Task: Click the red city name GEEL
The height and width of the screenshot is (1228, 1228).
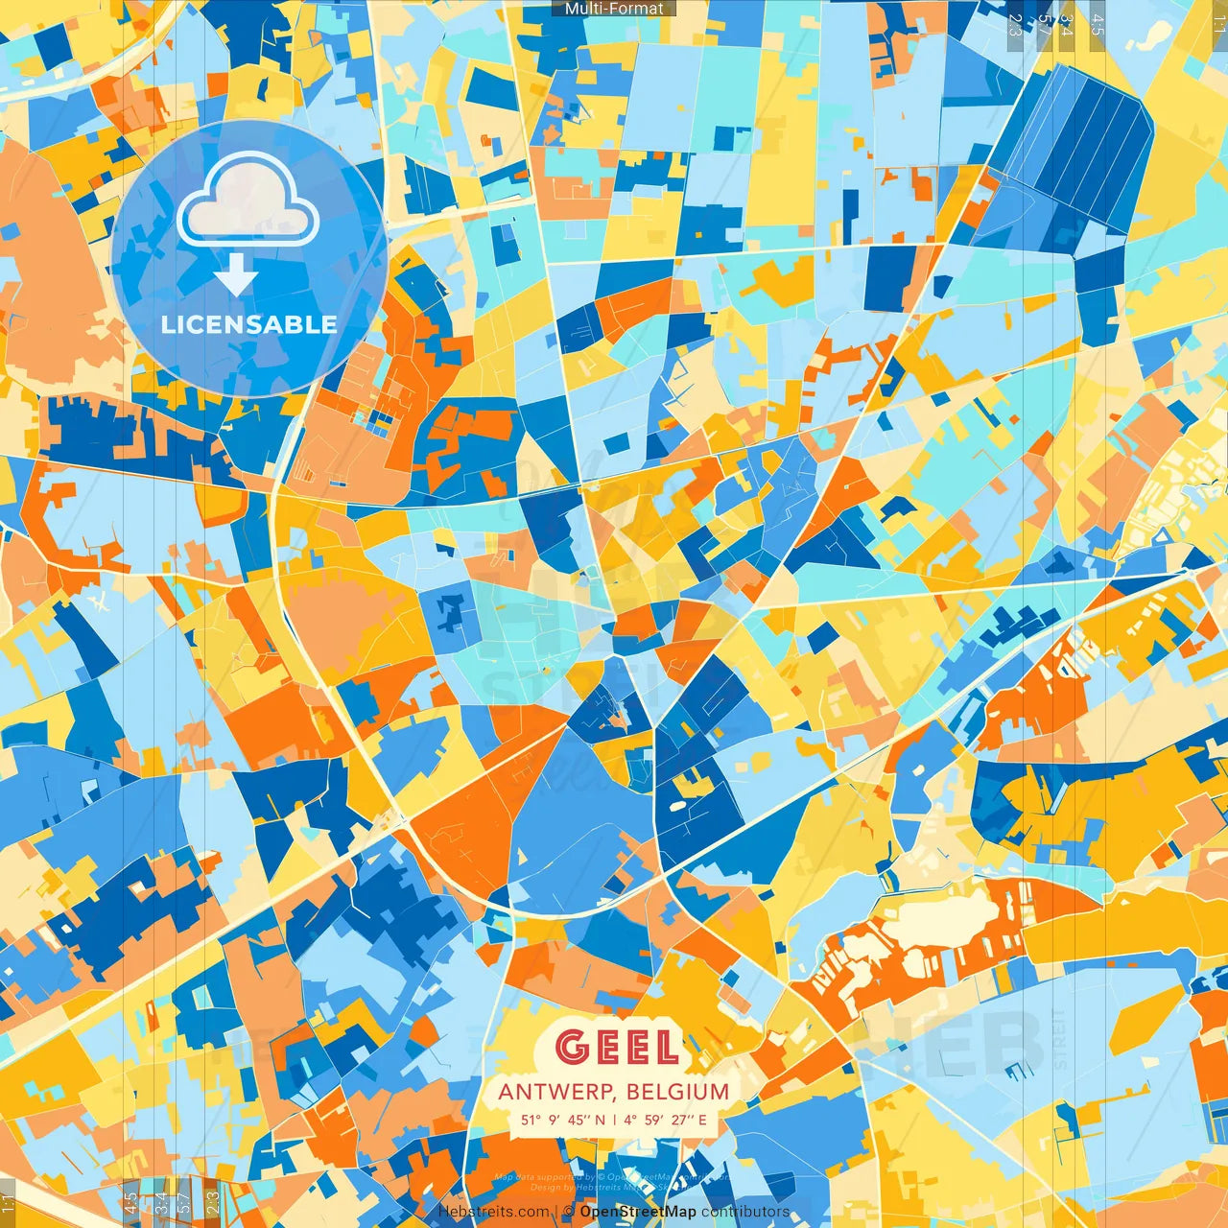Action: pos(618,1047)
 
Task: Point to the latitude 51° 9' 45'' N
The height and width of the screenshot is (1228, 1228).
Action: pos(563,1120)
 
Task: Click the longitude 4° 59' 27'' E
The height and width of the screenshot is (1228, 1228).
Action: pos(665,1120)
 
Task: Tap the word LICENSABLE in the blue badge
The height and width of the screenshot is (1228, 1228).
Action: pos(249,324)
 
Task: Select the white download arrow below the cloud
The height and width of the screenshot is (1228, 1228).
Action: pos(236,278)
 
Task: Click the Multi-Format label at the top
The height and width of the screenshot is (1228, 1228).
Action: pos(614,9)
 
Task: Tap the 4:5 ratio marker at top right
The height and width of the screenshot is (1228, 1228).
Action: pos(1098,24)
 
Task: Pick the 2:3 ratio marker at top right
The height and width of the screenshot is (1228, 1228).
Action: pos(1015,24)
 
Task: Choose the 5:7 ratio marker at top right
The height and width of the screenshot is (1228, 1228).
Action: pos(1044,24)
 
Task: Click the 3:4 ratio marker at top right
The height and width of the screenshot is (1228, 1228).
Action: pos(1066,24)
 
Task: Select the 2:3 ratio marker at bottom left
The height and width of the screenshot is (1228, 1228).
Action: pos(213,1202)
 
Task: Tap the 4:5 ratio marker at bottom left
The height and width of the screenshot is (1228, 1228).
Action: pos(130,1202)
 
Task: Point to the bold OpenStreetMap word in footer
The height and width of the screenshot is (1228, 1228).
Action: pos(638,1212)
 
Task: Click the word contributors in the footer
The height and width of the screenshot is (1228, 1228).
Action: pos(745,1212)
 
